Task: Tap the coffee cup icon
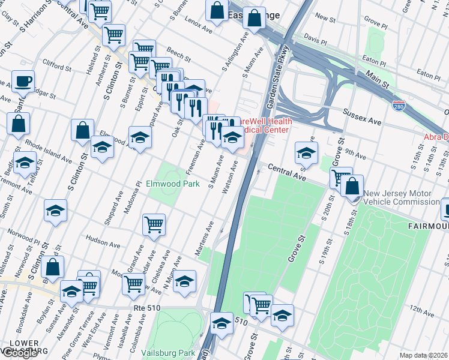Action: [x=23, y=81]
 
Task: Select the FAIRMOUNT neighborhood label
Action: [x=427, y=226]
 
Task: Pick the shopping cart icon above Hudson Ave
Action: [x=154, y=224]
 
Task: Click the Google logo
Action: [x=20, y=353]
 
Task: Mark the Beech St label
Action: [x=178, y=55]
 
